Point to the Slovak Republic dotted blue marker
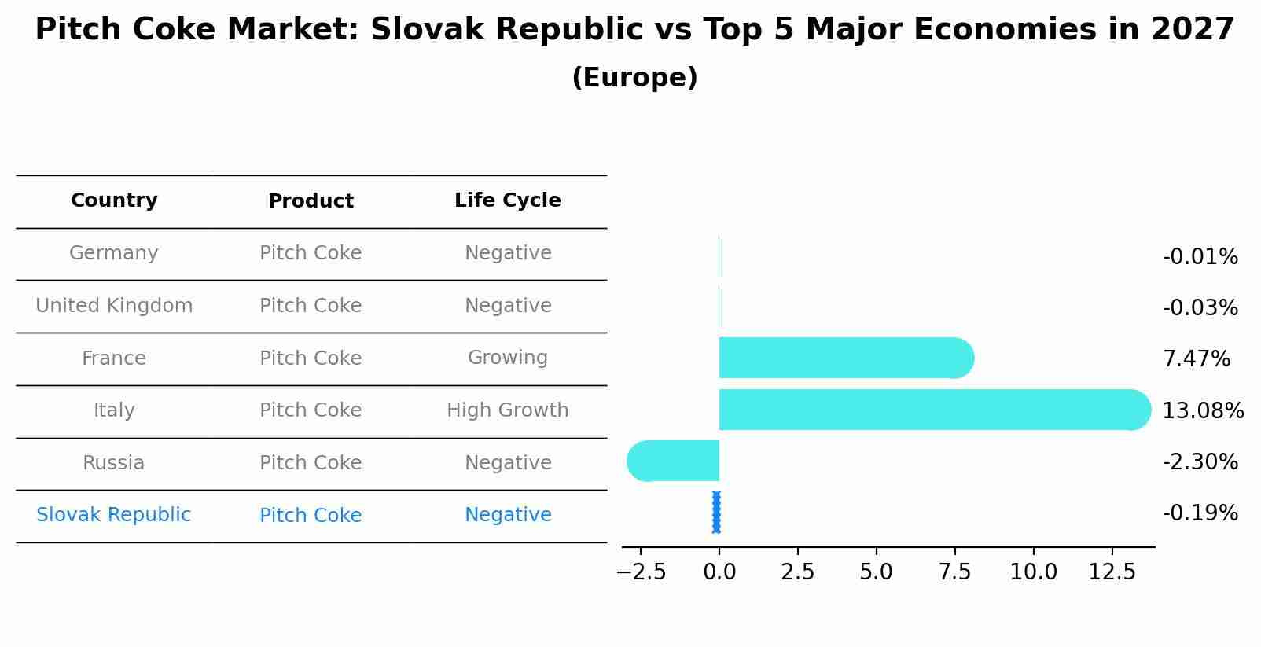[x=716, y=513]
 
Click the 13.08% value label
[x=1202, y=410]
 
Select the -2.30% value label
[x=1200, y=461]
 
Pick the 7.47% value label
[x=1196, y=359]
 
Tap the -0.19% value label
[x=1200, y=513]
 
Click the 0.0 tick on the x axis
[x=719, y=572]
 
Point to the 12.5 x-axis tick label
[x=1112, y=572]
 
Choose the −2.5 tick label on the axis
[x=641, y=572]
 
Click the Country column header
[x=114, y=200]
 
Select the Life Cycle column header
[x=507, y=200]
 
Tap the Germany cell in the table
[x=114, y=253]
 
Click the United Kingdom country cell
[x=114, y=306]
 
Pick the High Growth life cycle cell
[x=507, y=410]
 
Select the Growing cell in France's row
[x=507, y=358]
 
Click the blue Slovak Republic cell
[x=114, y=515]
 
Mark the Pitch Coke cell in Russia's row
[x=311, y=463]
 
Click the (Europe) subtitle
[x=634, y=78]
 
